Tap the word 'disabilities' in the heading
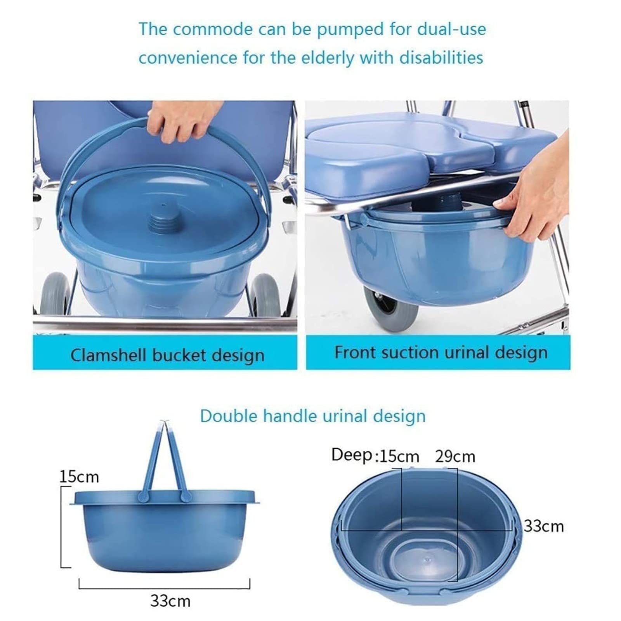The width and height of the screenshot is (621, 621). (441, 58)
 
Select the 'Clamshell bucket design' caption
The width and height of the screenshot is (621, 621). (167, 355)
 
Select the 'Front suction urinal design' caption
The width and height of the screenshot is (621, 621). (441, 352)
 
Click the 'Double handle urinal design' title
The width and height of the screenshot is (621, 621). (313, 416)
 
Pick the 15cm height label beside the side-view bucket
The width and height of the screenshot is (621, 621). (79, 477)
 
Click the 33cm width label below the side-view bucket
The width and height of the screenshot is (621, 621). (170, 601)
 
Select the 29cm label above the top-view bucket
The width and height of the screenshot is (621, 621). (455, 456)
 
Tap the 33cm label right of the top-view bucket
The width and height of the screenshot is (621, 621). (543, 526)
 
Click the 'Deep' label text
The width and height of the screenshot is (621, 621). (352, 455)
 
